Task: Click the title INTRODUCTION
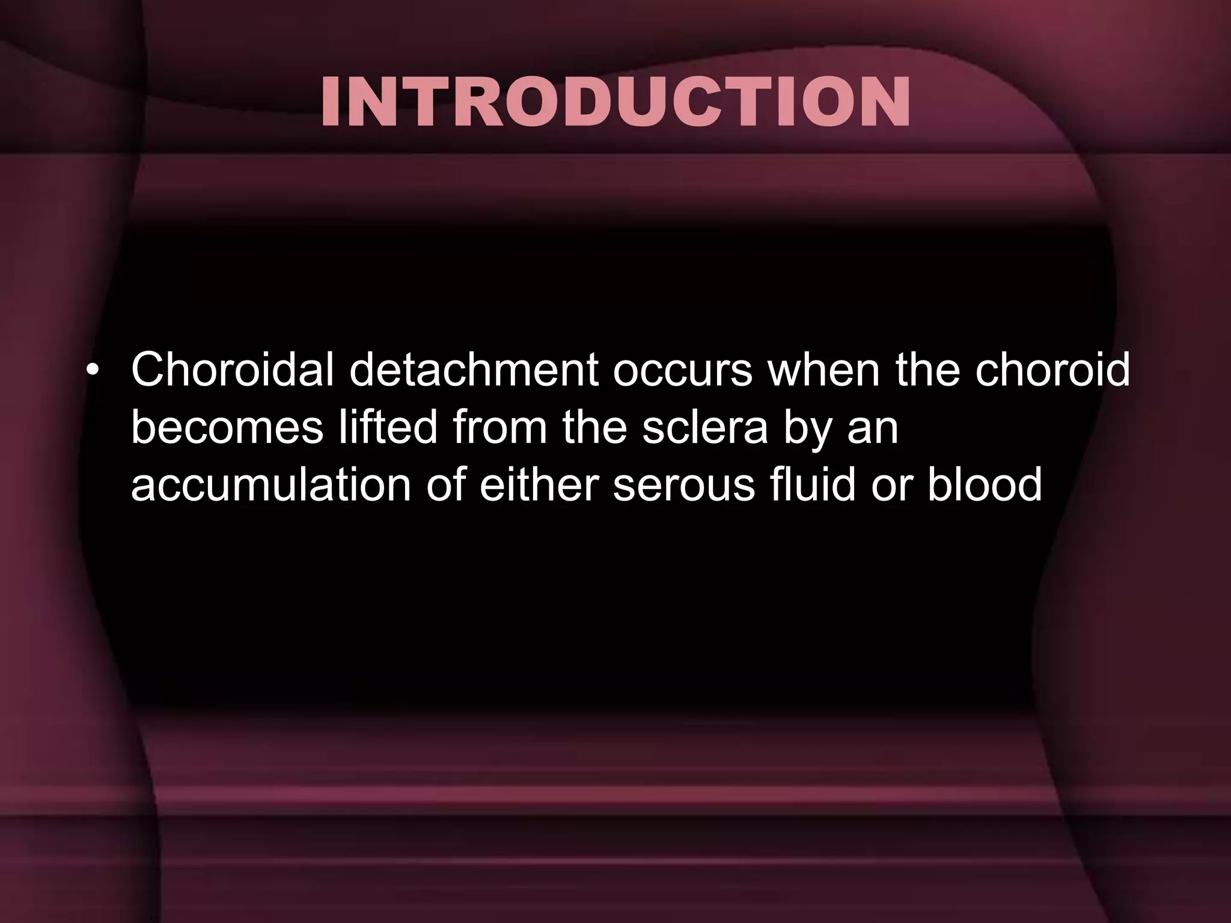pyautogui.click(x=615, y=102)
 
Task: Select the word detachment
pyautogui.click(x=474, y=370)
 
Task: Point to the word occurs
pyautogui.click(x=683, y=371)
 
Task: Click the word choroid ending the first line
pyautogui.click(x=1052, y=370)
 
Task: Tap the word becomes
pyautogui.click(x=227, y=428)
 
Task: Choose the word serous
pyautogui.click(x=684, y=486)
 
